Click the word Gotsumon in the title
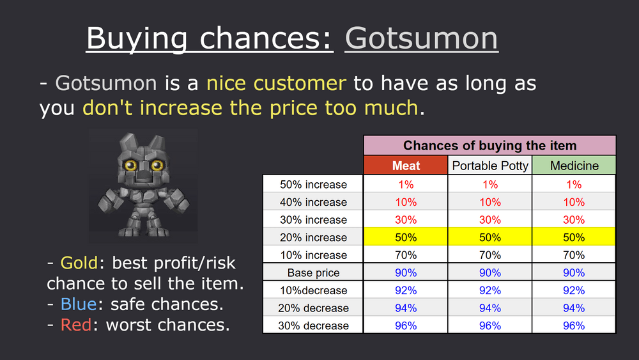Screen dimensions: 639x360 click(421, 38)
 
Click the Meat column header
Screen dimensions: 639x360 click(406, 166)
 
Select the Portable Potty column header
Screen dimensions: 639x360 click(490, 166)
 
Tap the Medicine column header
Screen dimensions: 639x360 click(574, 166)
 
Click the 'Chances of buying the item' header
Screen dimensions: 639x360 click(490, 146)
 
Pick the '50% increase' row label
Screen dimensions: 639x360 click(313, 184)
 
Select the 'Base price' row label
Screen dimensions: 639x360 click(313, 273)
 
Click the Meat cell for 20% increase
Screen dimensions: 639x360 click(406, 237)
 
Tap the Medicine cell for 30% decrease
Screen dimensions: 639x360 click(574, 325)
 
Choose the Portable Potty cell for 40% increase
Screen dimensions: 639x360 click(490, 202)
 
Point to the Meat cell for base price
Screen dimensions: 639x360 click(406, 273)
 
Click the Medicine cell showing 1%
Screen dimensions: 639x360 click(574, 184)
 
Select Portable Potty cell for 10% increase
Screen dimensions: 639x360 click(490, 255)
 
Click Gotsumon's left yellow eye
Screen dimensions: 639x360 click(130, 165)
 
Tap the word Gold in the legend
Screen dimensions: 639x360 click(79, 263)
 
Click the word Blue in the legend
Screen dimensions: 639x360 click(79, 304)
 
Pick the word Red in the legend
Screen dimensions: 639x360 click(76, 325)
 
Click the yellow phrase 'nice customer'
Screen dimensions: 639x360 click(276, 83)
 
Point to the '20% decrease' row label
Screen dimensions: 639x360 click(313, 308)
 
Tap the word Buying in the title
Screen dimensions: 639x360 click(137, 39)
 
